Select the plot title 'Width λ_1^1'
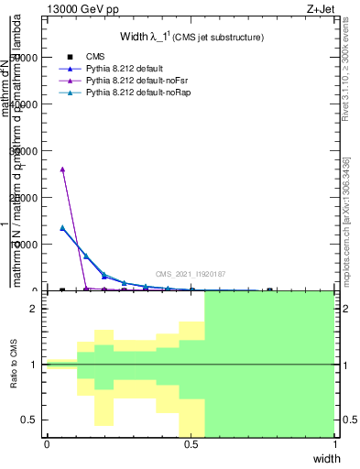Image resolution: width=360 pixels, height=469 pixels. pos(191,37)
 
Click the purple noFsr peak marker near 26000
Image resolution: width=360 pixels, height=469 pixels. pos(62,169)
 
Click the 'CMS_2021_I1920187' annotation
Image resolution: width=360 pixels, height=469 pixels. pos(190,274)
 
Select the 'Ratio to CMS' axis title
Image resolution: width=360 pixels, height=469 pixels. pos(15,365)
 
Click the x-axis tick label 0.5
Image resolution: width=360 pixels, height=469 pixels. pos(191,444)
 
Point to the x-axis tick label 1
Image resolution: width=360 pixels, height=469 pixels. pos(334,444)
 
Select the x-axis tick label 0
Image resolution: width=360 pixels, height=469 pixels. pos(47,444)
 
